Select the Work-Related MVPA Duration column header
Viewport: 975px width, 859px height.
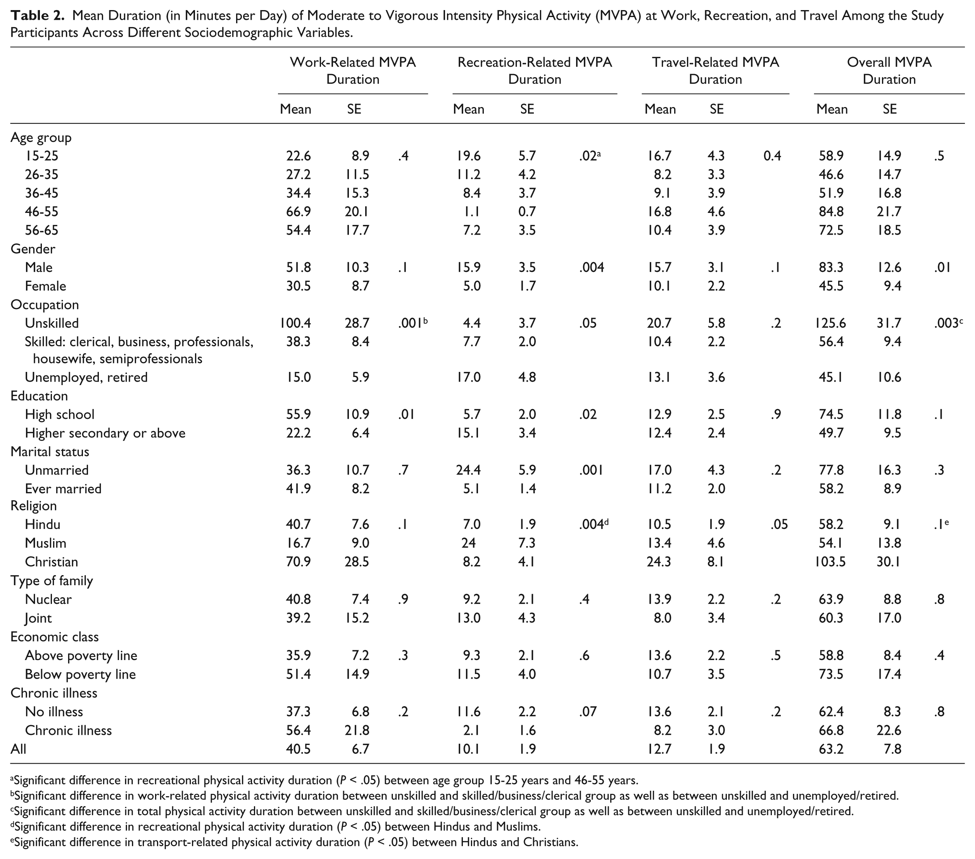(x=353, y=71)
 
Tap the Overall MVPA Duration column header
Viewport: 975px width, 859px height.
(x=889, y=71)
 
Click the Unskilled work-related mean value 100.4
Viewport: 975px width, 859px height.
(x=295, y=323)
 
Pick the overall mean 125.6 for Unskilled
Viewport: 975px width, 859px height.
(x=831, y=323)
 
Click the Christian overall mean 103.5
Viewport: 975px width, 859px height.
(x=831, y=562)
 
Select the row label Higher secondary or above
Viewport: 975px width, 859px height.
(x=105, y=433)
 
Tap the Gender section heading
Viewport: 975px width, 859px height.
(x=33, y=249)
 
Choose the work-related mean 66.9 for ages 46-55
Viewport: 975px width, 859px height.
(x=299, y=211)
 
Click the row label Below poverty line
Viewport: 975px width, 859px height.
(x=80, y=674)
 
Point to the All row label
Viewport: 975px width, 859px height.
(x=18, y=749)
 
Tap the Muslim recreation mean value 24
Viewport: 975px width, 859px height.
(x=469, y=543)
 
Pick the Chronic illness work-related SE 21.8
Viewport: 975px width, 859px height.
(x=357, y=730)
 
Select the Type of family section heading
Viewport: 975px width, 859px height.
(x=52, y=581)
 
